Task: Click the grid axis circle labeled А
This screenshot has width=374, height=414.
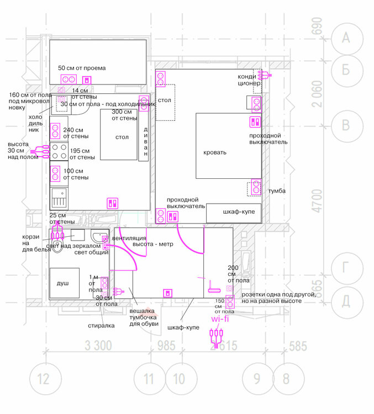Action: [x=346, y=38]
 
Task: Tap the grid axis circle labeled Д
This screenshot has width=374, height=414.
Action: [x=346, y=300]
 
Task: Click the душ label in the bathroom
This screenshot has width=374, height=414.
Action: [x=63, y=283]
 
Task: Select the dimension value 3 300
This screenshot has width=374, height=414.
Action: [x=99, y=347]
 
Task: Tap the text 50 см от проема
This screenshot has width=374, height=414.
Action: [x=82, y=68]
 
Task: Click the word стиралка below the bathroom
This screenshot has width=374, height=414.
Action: [x=101, y=326]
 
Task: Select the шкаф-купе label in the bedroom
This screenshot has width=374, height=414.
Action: [x=238, y=211]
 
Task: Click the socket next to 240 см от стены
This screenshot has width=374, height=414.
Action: [x=55, y=131]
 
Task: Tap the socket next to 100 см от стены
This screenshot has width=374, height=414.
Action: [x=55, y=174]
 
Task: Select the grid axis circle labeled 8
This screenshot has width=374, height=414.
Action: [x=286, y=379]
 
